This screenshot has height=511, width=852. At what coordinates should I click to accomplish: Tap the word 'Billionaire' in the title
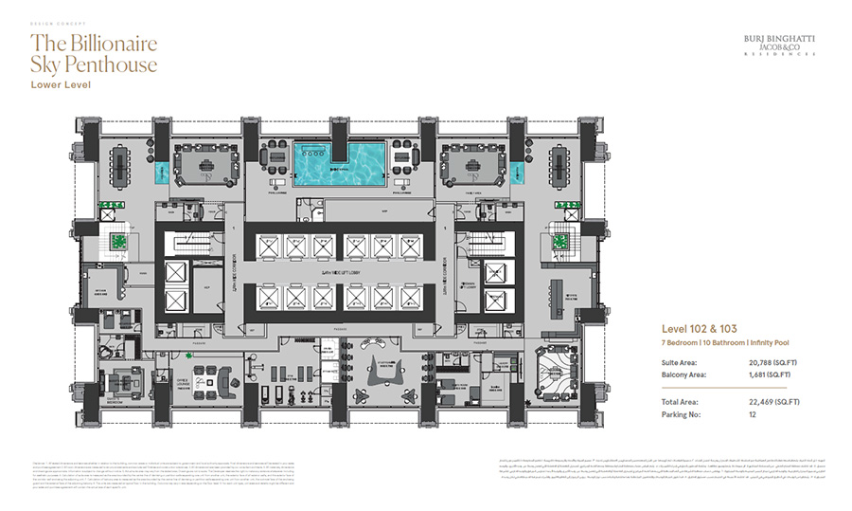(x=109, y=44)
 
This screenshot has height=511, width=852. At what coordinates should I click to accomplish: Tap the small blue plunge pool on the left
(x=157, y=173)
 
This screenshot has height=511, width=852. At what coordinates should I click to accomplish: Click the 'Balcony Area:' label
(x=682, y=374)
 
